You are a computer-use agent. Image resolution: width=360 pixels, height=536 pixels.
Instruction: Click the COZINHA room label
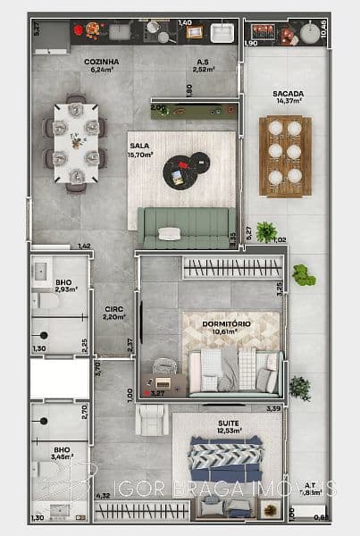coord(101,62)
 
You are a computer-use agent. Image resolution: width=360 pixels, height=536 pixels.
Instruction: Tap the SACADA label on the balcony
coord(288,94)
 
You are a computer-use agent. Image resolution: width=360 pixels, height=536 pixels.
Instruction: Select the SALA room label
coord(139,146)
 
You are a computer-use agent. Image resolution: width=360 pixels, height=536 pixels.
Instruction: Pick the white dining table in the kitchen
coord(75,142)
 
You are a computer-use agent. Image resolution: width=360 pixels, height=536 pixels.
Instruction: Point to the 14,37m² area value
coord(288,102)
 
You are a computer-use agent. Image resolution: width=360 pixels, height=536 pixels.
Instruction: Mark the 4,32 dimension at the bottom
coord(103,496)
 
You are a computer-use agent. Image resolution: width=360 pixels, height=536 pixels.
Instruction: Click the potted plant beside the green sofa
coord(265,232)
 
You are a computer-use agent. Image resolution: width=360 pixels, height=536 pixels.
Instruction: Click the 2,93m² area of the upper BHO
coord(65,290)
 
